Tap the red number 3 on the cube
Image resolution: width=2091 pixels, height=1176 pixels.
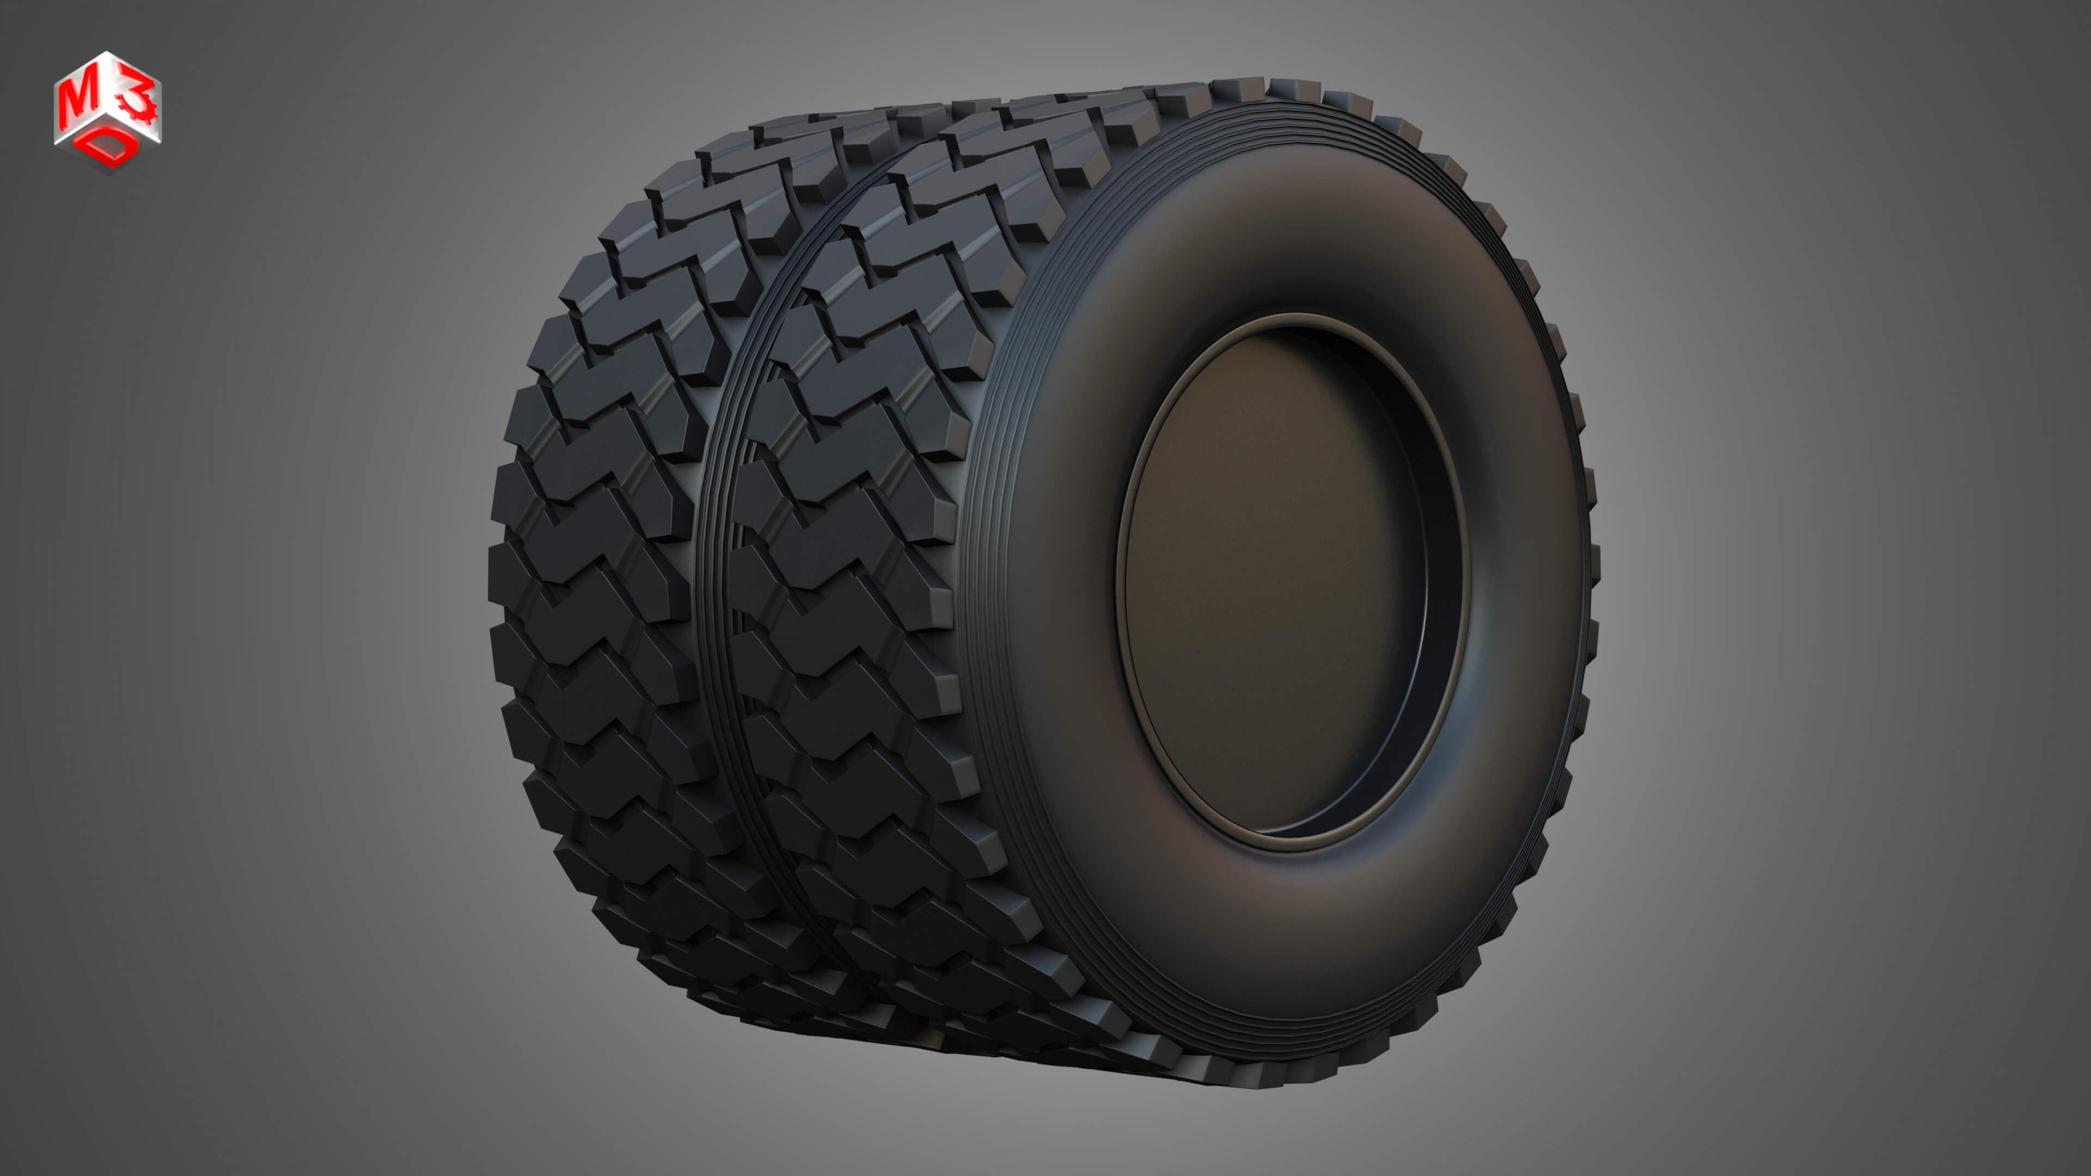[134, 101]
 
